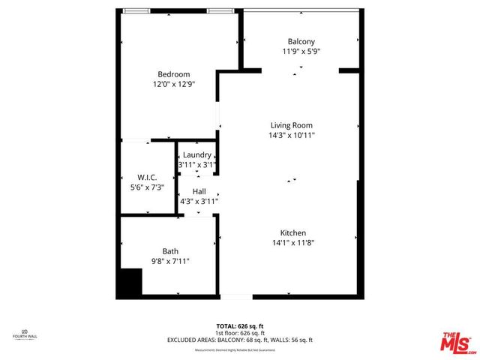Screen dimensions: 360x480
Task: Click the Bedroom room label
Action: [x=173, y=74]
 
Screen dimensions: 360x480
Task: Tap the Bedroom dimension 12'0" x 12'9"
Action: [x=173, y=85]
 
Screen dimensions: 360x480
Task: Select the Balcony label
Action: [x=301, y=41]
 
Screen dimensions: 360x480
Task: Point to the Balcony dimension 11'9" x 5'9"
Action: [x=301, y=52]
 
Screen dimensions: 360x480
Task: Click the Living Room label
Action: [x=292, y=125]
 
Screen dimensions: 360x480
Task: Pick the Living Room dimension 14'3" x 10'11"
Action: [x=292, y=136]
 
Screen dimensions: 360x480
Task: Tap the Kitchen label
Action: [x=293, y=232]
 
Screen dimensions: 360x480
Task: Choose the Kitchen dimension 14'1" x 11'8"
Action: [x=293, y=243]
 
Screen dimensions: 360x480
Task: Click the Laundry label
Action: [x=197, y=154]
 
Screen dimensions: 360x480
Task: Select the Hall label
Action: [x=199, y=191]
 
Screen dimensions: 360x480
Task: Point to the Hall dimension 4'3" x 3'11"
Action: [x=199, y=201]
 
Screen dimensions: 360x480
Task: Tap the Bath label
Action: [x=171, y=251]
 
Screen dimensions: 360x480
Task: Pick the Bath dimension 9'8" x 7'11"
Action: [x=171, y=262]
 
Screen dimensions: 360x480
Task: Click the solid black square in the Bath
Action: [x=130, y=283]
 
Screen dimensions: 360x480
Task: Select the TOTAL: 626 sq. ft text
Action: [x=240, y=326]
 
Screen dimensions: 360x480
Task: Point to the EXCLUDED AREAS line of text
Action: [x=240, y=340]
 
